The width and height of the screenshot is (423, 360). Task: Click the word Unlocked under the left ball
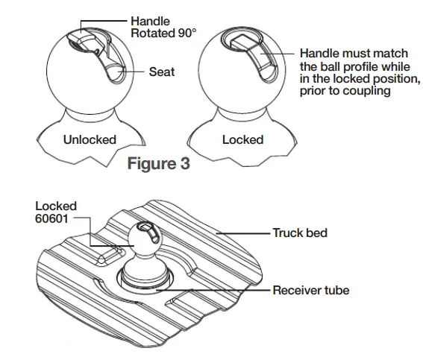click(x=90, y=139)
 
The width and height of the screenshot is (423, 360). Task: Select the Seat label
click(x=162, y=72)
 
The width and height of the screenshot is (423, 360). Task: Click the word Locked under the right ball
click(x=242, y=139)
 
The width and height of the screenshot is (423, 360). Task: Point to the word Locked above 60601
click(x=56, y=206)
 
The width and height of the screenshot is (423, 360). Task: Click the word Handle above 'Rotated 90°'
click(x=150, y=22)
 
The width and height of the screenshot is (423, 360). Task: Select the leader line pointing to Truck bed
click(x=246, y=233)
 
